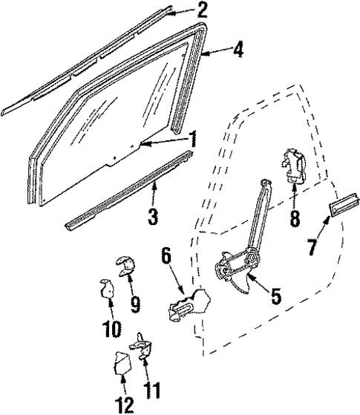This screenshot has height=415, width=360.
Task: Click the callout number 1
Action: pyautogui.click(x=193, y=137)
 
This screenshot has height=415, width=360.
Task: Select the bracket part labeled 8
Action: pyautogui.click(x=293, y=167)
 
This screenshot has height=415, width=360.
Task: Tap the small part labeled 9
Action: pyautogui.click(x=125, y=266)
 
